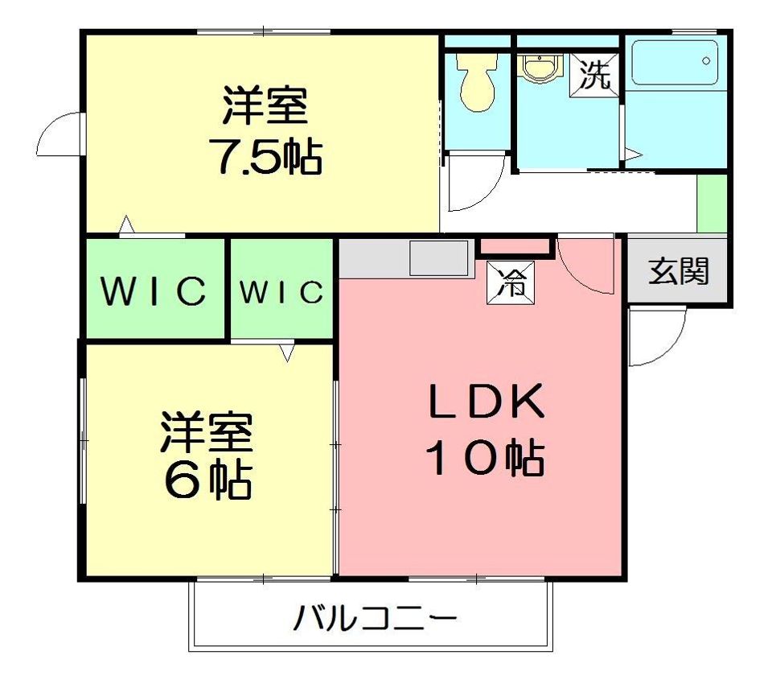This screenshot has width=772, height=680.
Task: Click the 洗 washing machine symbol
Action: (594, 75)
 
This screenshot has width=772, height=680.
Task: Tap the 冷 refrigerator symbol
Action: (511, 282)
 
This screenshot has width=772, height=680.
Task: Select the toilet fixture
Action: (477, 81)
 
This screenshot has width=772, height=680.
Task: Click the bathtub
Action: (674, 63)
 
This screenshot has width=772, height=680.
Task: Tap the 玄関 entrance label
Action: (679, 271)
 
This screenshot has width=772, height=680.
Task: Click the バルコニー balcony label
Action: (376, 617)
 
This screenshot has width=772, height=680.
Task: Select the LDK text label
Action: (487, 401)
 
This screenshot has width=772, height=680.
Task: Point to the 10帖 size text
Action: (487, 458)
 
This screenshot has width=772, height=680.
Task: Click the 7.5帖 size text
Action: (265, 156)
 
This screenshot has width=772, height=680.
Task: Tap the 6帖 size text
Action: (207, 480)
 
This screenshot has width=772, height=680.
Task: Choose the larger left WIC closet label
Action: (154, 291)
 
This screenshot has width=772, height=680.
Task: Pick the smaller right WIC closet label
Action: (281, 291)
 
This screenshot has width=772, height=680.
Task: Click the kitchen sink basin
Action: (439, 258)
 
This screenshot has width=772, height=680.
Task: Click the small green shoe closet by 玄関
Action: (712, 203)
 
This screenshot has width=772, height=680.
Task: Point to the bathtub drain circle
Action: (707, 61)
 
